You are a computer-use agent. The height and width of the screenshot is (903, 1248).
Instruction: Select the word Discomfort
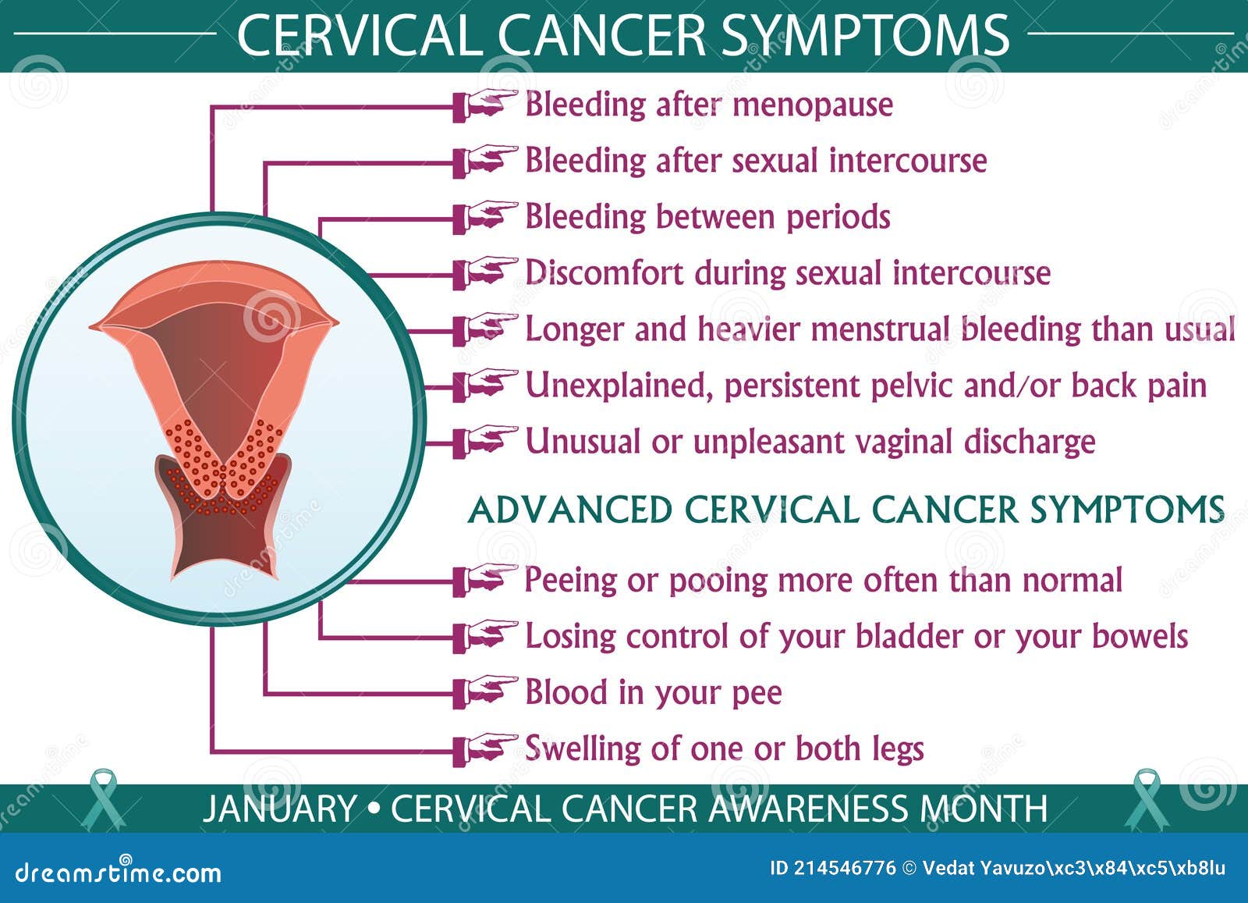pos(604,272)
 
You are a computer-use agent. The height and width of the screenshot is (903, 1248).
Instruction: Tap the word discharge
pos(1030,442)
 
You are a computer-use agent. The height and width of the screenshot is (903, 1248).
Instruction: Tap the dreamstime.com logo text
pos(118,873)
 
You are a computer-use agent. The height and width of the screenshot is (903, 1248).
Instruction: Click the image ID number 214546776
pos(845,869)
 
